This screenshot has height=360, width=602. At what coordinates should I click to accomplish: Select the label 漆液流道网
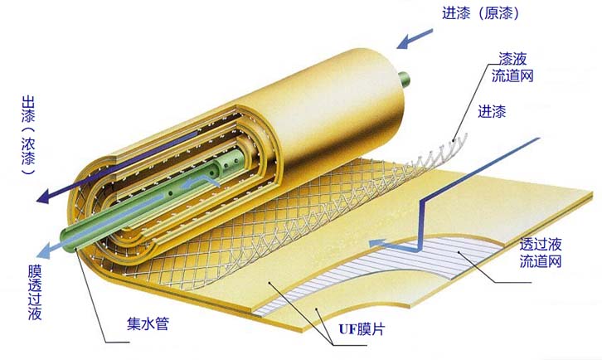[511, 67]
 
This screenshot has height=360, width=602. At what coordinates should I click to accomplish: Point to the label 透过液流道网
[541, 253]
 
